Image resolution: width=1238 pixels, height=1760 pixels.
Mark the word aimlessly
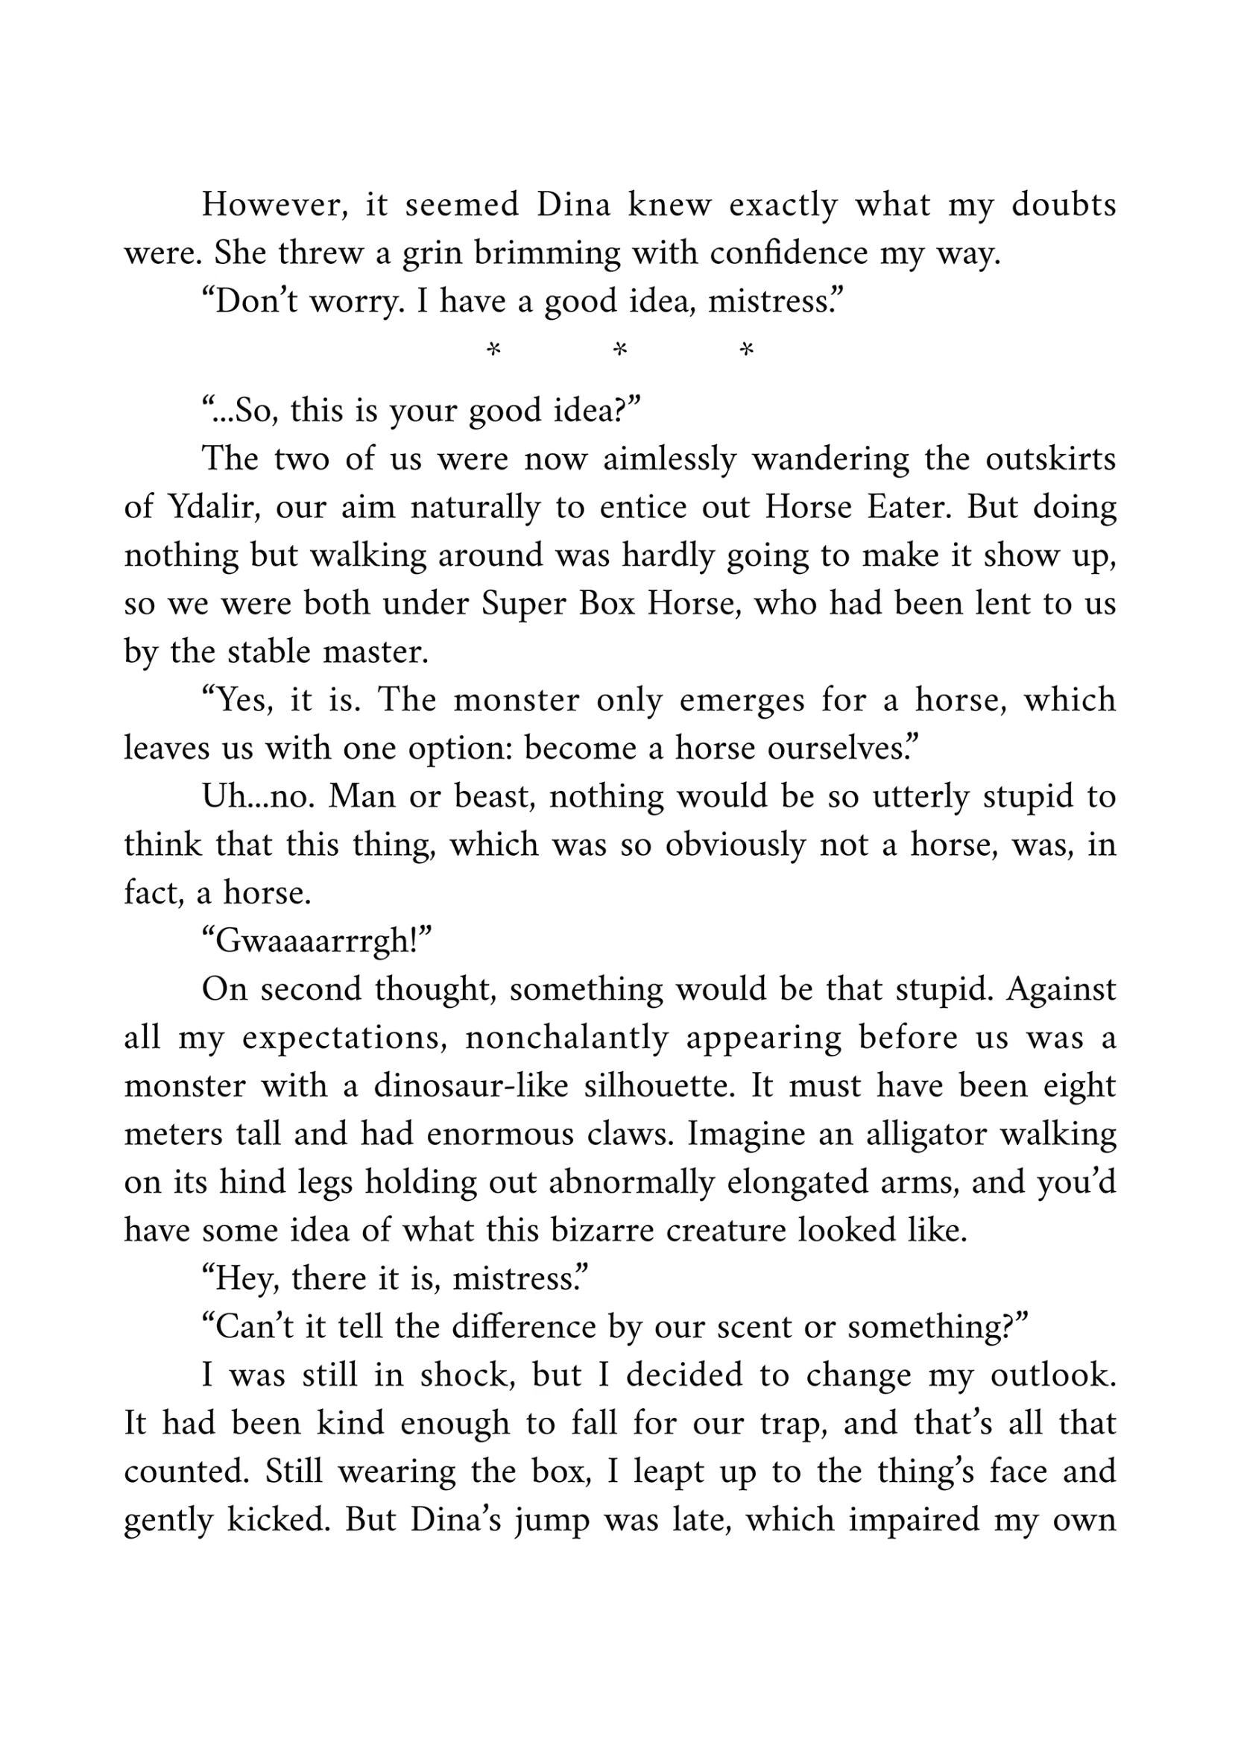(669, 459)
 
